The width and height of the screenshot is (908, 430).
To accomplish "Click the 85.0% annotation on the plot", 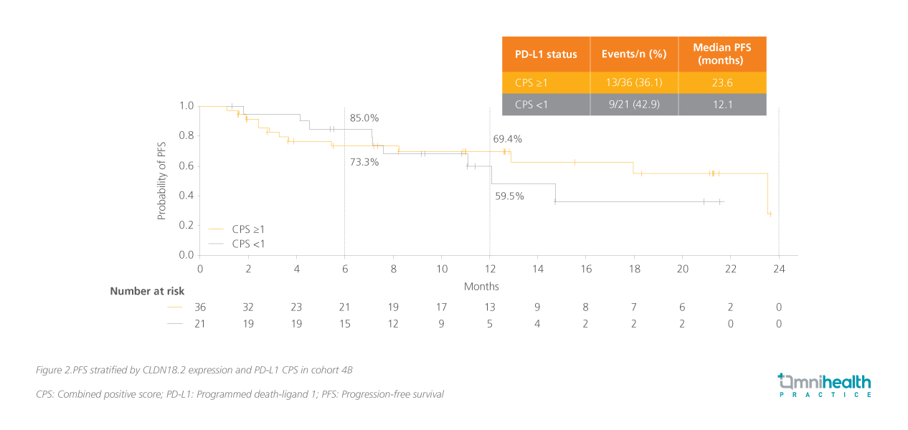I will [x=364, y=118].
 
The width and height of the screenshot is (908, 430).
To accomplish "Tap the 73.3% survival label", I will [x=364, y=162].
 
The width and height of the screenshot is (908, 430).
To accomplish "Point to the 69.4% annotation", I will [x=507, y=139].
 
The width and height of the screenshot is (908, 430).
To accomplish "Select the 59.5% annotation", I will [x=509, y=195].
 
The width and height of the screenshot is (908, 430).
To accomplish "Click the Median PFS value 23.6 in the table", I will [x=722, y=82].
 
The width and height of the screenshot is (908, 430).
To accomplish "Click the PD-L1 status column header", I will [x=546, y=54].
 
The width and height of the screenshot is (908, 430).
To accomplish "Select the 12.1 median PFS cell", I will [x=722, y=105].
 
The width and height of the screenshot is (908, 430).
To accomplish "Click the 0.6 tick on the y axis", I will [x=186, y=166].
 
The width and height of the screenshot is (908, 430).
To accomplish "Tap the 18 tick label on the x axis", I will [x=634, y=269].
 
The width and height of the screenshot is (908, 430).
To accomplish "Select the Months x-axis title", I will [x=481, y=287].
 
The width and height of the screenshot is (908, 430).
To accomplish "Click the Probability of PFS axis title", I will [x=162, y=180].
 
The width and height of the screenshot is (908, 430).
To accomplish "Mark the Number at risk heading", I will [x=147, y=291].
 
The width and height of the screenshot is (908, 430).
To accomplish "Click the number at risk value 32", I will [x=248, y=307].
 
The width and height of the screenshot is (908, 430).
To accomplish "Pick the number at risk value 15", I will [x=344, y=324].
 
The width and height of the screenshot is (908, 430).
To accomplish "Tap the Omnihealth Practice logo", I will [x=825, y=385].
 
